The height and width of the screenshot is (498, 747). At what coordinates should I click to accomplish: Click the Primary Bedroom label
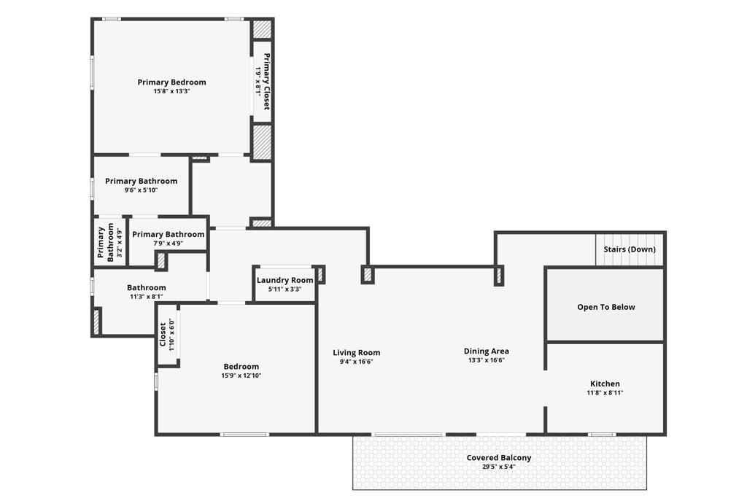click(x=171, y=82)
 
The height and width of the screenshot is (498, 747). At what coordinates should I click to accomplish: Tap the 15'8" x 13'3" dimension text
click(x=171, y=91)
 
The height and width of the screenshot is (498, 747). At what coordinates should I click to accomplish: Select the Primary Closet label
click(x=267, y=82)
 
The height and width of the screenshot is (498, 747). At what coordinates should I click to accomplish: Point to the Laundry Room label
click(x=285, y=280)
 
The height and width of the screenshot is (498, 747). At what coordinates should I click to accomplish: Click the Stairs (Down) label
click(x=630, y=249)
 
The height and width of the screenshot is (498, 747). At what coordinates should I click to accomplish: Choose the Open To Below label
click(x=606, y=307)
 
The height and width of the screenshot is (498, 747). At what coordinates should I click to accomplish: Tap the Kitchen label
click(x=605, y=384)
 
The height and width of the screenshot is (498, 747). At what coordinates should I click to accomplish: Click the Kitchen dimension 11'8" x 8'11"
click(x=605, y=393)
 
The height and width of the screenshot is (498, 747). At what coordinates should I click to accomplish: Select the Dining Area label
click(x=487, y=351)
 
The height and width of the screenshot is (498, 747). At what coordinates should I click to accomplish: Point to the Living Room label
click(x=356, y=353)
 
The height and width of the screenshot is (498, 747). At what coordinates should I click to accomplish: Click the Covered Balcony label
click(x=499, y=457)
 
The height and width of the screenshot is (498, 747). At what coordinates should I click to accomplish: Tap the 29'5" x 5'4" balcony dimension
click(x=499, y=467)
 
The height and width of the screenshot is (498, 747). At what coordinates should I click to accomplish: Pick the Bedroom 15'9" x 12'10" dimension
click(x=241, y=376)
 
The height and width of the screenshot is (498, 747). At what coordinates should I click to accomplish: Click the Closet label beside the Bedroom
click(x=163, y=335)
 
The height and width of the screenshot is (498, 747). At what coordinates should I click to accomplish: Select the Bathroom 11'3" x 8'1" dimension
click(x=146, y=297)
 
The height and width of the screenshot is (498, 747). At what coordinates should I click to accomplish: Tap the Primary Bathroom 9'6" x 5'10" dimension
click(x=141, y=190)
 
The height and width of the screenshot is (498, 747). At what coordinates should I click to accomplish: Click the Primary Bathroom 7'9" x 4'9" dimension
click(x=169, y=244)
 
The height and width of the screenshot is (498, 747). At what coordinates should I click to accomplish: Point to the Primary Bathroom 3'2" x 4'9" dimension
click(x=120, y=244)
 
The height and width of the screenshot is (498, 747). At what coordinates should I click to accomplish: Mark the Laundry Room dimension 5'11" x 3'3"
click(x=285, y=289)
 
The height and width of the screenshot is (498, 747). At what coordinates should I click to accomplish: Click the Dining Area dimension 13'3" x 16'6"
click(x=487, y=360)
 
